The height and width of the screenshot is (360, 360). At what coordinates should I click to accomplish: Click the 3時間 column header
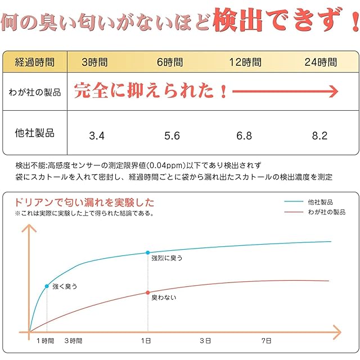coord(94,62)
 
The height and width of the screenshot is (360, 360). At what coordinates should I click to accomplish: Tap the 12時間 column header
coord(245,62)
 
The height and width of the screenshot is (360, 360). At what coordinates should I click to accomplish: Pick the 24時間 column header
coord(320,62)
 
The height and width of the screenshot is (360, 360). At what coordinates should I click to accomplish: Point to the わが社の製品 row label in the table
coord(35,92)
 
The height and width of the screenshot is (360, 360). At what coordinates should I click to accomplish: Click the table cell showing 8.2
coord(319,136)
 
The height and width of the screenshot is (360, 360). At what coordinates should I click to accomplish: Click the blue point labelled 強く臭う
coord(47,286)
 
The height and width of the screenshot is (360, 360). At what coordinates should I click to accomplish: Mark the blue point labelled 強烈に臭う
coord(148,253)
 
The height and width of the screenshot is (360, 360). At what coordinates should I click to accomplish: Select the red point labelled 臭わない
coord(148,292)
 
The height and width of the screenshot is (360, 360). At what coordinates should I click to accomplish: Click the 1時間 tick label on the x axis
coord(46,341)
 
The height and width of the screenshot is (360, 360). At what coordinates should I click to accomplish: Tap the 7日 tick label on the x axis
coord(267,341)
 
